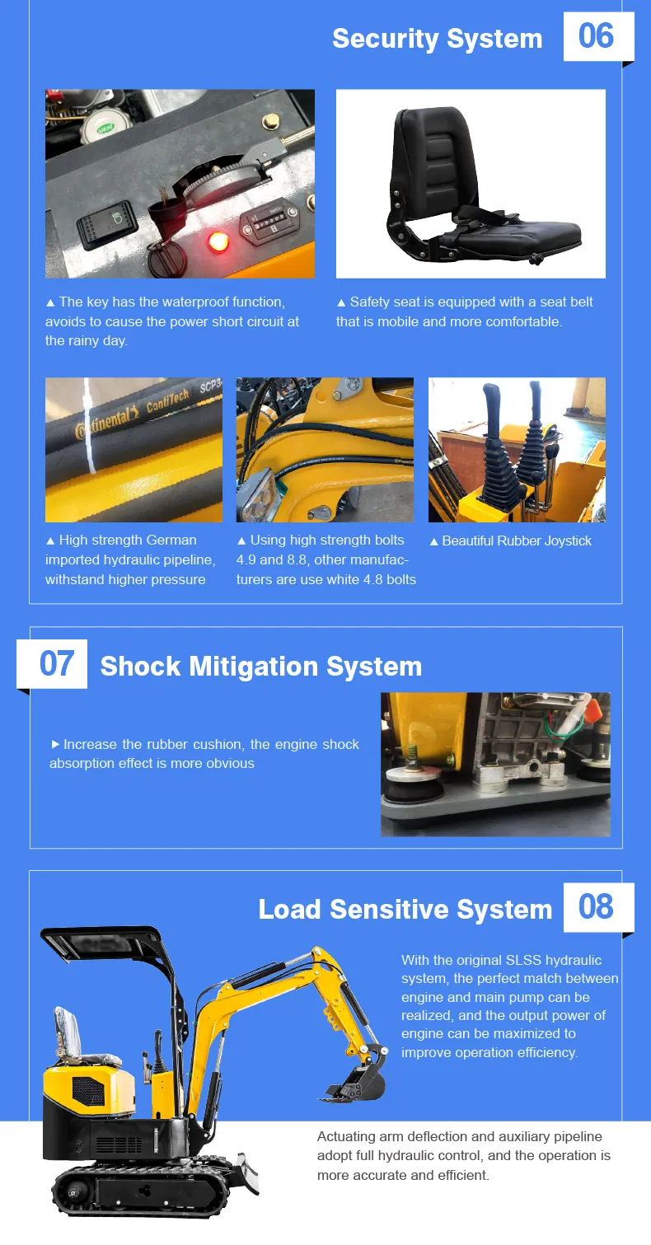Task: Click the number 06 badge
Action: point(597,37)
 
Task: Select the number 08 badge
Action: point(597,907)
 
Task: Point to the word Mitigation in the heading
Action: point(264,667)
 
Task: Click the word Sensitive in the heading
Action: point(389,910)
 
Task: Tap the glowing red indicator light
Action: point(218,242)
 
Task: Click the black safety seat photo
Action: point(471,183)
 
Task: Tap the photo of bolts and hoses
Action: point(325,450)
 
